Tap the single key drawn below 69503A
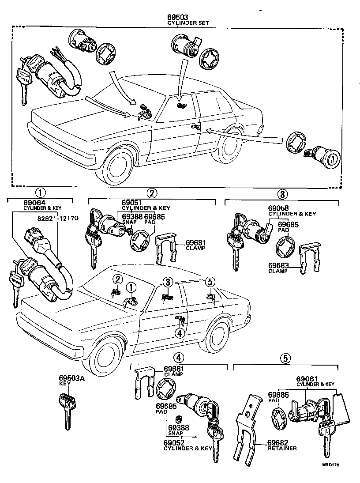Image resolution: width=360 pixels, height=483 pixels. click(67, 408)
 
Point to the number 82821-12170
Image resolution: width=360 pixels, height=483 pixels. click(51, 218)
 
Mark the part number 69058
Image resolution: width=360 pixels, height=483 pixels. click(279, 208)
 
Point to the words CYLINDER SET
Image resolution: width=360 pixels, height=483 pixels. click(188, 23)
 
